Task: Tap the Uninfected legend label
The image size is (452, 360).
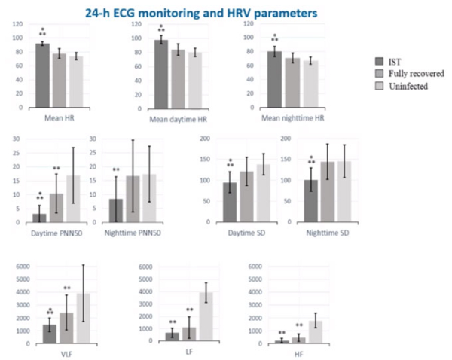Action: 409,86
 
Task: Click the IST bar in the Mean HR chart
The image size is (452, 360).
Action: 42,75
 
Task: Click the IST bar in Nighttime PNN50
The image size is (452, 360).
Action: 115,210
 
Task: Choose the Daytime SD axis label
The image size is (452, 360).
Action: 243,233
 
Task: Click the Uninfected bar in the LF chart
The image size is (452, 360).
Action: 206,316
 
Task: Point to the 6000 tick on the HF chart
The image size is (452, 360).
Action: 260,267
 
